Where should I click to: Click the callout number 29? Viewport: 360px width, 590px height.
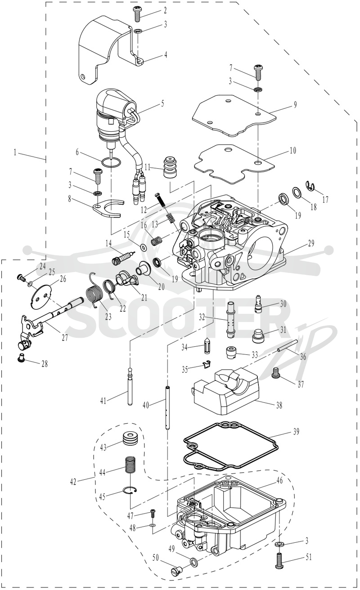point(311,243)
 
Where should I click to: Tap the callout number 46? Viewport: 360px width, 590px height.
point(279,480)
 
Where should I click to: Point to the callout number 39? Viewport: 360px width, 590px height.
point(296,432)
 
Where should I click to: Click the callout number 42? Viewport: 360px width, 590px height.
point(73,482)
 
